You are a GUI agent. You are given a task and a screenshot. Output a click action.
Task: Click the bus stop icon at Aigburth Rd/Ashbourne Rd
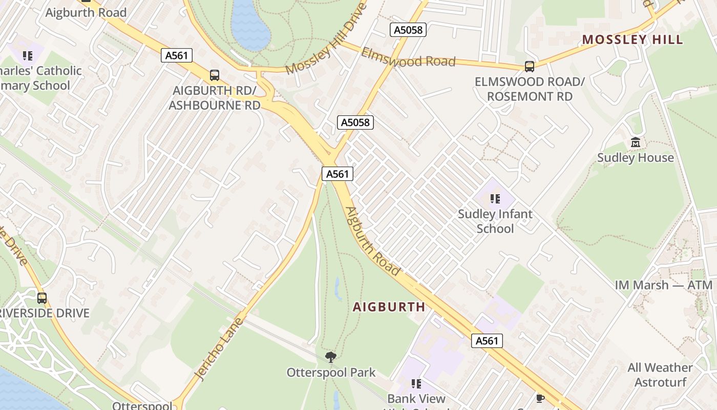(x=215, y=75)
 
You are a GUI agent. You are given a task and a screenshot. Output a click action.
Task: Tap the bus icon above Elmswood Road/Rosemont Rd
(x=529, y=66)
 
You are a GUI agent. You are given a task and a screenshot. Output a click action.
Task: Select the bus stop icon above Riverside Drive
(x=41, y=298)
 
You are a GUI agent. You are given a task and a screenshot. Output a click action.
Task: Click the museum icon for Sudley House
(x=636, y=142)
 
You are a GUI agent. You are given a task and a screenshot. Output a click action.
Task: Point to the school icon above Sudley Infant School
(x=495, y=198)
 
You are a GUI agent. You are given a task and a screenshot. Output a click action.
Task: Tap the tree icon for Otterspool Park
(x=331, y=357)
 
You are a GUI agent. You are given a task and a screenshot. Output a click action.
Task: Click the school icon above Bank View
(x=416, y=383)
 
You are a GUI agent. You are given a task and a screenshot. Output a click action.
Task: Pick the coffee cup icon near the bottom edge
(x=540, y=398)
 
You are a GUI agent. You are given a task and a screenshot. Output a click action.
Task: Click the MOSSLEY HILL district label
(x=632, y=39)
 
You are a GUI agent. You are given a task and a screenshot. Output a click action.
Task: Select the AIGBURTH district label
(x=389, y=307)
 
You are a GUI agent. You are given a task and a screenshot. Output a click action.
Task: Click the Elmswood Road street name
(x=408, y=57)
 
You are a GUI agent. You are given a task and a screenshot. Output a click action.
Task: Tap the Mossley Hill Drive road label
(x=326, y=39)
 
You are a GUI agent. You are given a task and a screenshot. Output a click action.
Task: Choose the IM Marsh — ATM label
(x=663, y=285)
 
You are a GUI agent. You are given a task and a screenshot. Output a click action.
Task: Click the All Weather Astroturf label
(x=660, y=375)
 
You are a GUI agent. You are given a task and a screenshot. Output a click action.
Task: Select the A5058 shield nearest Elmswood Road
(x=408, y=30)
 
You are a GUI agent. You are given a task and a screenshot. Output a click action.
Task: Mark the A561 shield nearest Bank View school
(x=487, y=341)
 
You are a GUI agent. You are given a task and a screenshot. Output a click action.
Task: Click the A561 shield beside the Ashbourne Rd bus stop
(x=177, y=55)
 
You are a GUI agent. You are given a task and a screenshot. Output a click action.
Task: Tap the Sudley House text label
(x=635, y=158)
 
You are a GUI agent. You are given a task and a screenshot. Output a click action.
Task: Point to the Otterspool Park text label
(x=331, y=373)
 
